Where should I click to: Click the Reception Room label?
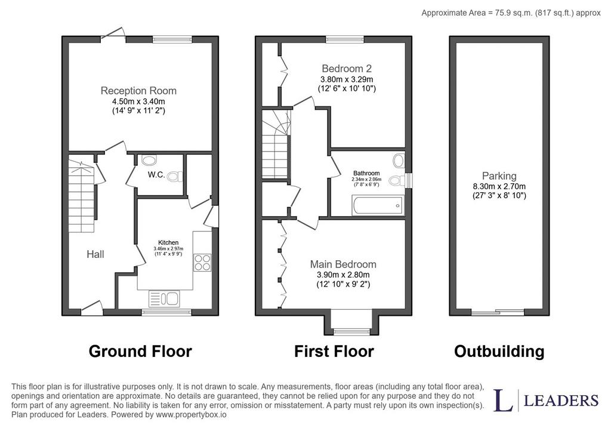click(x=138, y=91)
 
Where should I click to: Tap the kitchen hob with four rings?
click(x=202, y=262)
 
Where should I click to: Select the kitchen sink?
click(x=164, y=299)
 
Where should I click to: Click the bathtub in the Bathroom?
click(x=377, y=205)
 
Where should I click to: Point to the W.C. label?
click(x=156, y=175)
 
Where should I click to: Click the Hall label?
click(x=95, y=254)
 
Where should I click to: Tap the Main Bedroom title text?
click(x=343, y=264)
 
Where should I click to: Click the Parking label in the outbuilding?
click(x=499, y=176)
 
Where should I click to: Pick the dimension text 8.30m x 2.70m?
click(x=499, y=186)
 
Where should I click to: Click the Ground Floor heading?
click(x=140, y=351)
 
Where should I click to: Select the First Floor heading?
click(x=334, y=351)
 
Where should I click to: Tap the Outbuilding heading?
click(x=499, y=351)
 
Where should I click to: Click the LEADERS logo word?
click(x=561, y=401)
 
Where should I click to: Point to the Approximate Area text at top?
click(x=511, y=13)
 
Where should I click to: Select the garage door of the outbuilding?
click(x=498, y=312)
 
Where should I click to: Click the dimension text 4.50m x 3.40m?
click(x=138, y=101)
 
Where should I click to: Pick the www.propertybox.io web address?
click(x=191, y=415)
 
